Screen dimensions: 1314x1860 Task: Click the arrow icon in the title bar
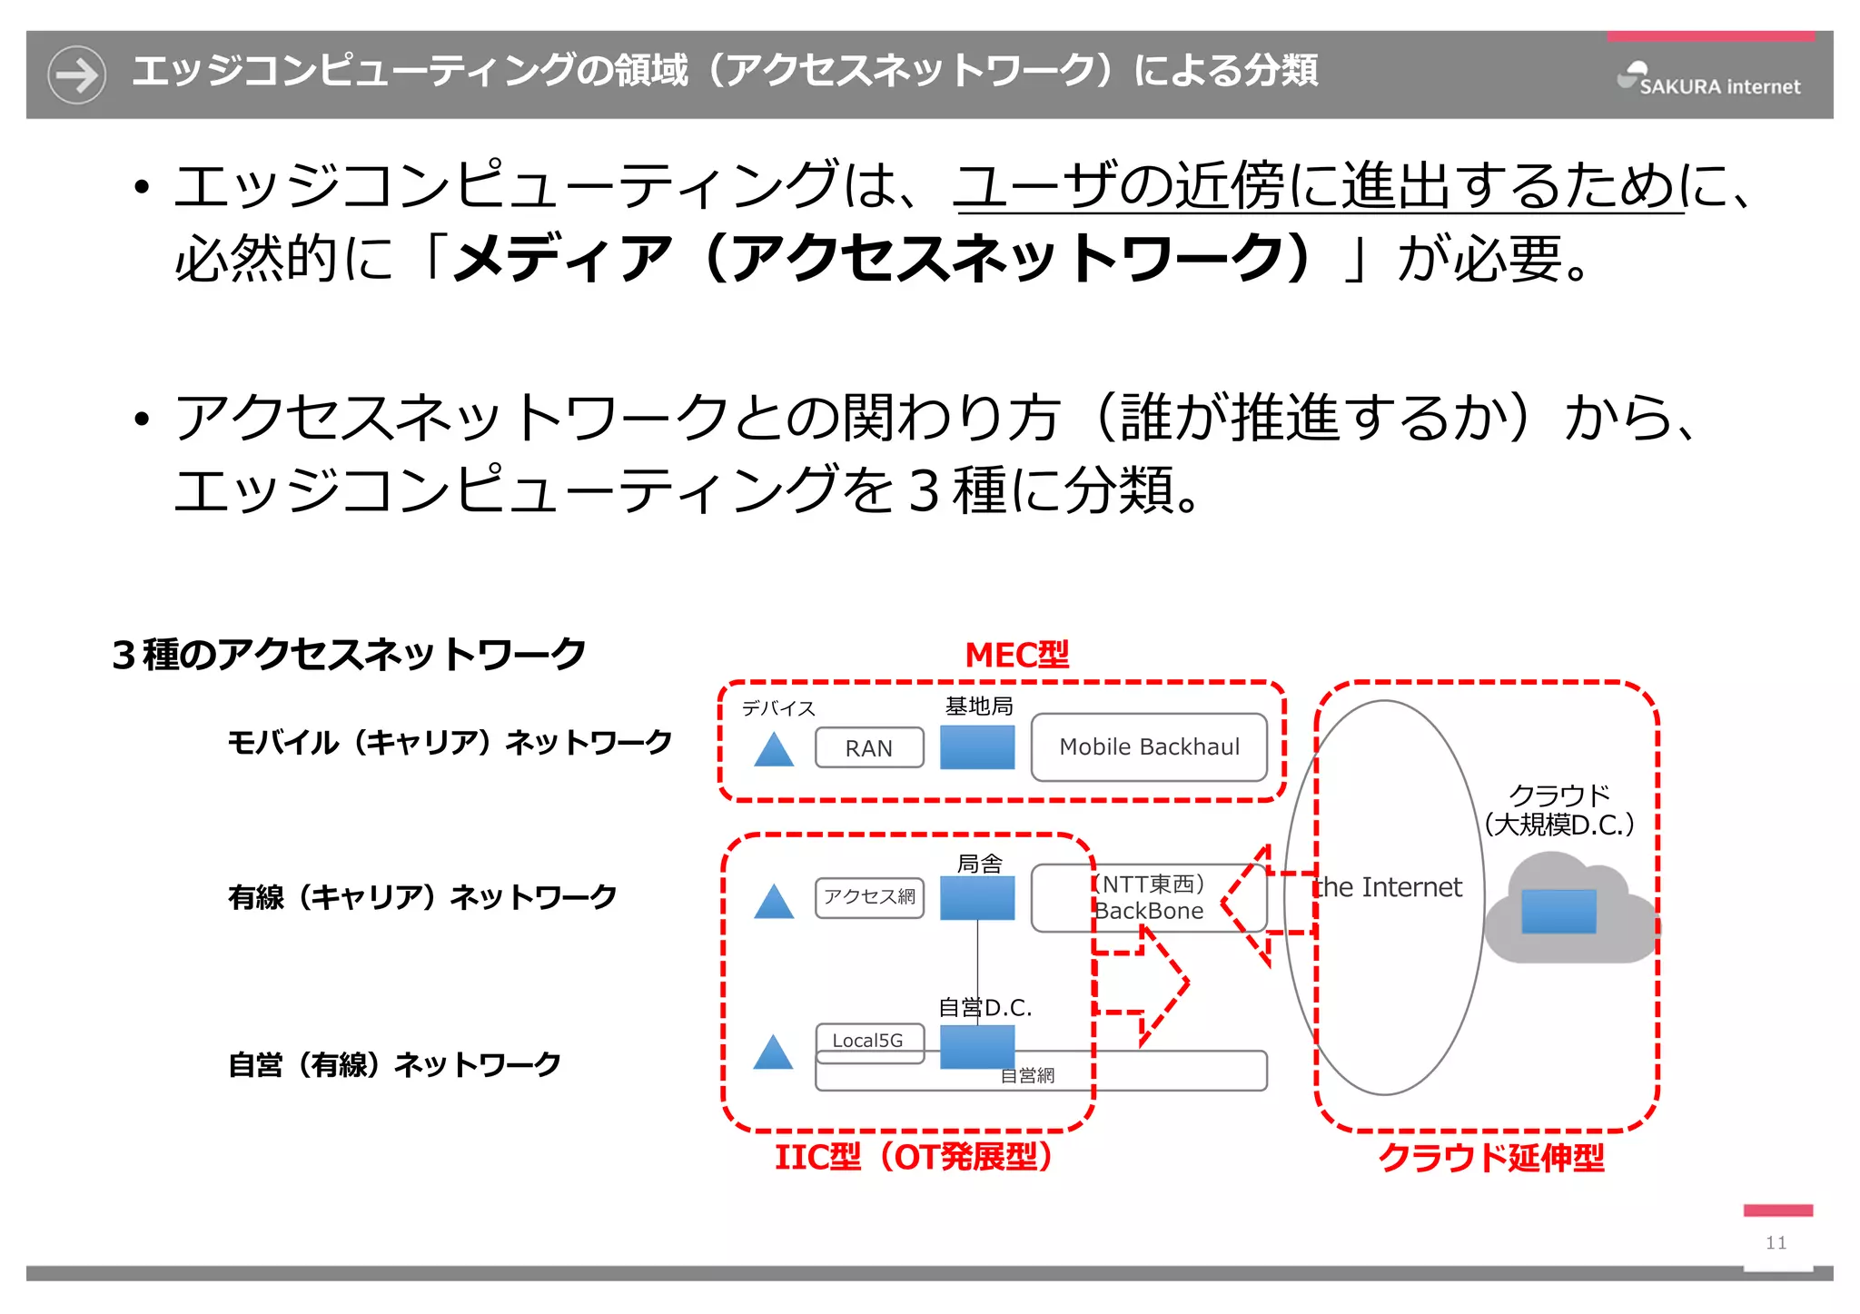[76, 74]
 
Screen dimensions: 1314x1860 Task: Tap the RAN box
[869, 748]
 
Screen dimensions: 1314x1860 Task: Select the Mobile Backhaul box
[1149, 747]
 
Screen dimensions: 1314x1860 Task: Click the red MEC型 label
[1016, 655]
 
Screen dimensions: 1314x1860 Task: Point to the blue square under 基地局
[977, 746]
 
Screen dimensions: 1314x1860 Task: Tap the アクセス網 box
[869, 897]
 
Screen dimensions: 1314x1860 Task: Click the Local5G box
[869, 1041]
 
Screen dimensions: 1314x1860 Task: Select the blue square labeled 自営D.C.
[977, 1046]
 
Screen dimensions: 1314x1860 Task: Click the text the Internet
[1388, 887]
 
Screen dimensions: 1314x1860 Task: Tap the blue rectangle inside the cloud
[1558, 911]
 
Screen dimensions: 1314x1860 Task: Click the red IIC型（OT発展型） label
[914, 1157]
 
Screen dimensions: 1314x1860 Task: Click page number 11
[1776, 1242]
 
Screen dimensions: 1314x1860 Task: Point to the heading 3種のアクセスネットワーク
[349, 655]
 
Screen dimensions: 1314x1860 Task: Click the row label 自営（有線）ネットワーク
[394, 1064]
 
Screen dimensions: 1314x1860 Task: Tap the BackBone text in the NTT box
[1150, 911]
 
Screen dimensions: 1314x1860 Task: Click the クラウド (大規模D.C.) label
[1558, 810]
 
